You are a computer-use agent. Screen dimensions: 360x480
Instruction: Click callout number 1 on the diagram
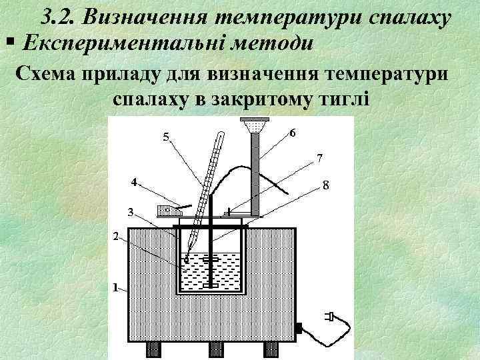point(115,289)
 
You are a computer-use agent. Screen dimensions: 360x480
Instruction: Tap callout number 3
point(131,212)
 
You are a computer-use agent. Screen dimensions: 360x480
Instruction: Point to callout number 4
point(134,181)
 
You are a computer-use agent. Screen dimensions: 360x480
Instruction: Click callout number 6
point(293,132)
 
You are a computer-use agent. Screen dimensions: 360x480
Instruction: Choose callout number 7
point(320,159)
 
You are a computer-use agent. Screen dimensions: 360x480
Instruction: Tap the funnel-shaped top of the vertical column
point(254,125)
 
